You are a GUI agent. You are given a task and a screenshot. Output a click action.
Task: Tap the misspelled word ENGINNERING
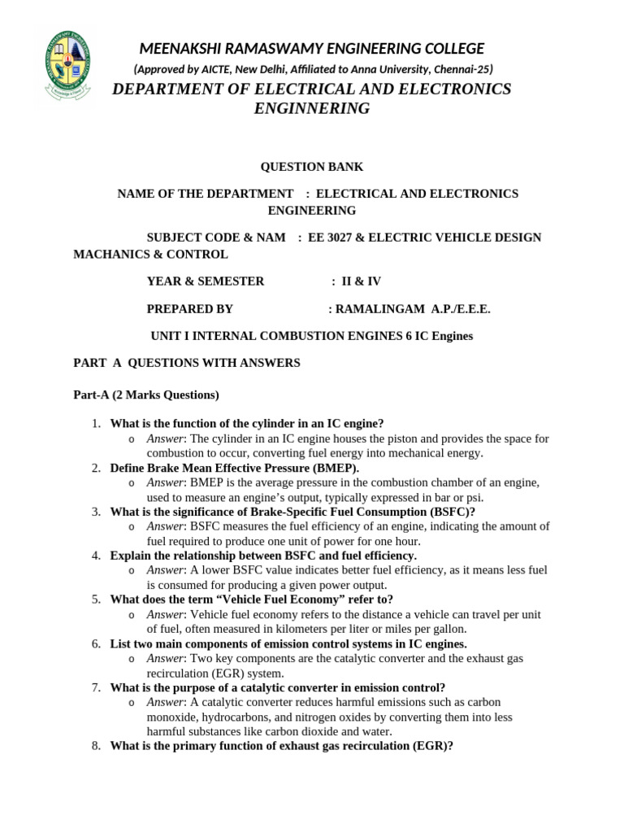click(312, 108)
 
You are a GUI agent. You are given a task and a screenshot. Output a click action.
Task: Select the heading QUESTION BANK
click(312, 167)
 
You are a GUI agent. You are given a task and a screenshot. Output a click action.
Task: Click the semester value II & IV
click(362, 281)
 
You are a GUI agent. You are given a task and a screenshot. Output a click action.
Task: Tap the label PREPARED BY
click(189, 309)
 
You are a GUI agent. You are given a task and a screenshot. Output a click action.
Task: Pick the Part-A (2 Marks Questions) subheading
click(146, 395)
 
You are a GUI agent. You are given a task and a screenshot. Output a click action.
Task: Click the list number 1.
click(95, 423)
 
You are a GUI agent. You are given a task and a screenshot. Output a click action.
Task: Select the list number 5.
click(95, 600)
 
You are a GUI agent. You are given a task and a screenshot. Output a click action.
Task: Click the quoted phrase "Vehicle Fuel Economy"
click(276, 600)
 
